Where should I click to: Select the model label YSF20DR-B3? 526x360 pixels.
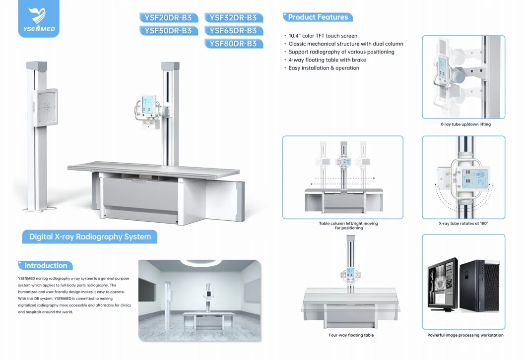pos(168,17)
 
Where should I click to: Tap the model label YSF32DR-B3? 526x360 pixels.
pos(233,17)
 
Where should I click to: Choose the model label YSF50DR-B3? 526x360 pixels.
pos(168,31)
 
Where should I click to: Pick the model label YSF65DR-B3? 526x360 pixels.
pos(233,31)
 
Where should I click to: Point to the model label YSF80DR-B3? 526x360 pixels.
pos(233,44)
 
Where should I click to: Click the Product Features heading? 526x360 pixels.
pos(318,17)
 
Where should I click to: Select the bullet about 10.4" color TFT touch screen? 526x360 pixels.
pos(323,36)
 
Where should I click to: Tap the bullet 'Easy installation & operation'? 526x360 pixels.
pos(324,68)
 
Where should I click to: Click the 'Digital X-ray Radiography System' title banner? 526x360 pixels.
pos(90,237)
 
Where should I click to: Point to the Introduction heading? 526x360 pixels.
pos(46,265)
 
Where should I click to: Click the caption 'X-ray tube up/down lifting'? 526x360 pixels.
pos(465,124)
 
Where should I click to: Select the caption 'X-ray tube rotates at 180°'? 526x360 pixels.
pos(463,224)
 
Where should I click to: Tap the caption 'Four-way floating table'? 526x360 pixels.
pos(351,335)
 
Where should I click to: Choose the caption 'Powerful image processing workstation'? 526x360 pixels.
pos(465,335)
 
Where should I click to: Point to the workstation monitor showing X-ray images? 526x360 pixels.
pos(443,284)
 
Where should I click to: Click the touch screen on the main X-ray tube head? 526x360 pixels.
pos(148,105)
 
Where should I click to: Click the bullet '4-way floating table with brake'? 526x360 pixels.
pos(327,60)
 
